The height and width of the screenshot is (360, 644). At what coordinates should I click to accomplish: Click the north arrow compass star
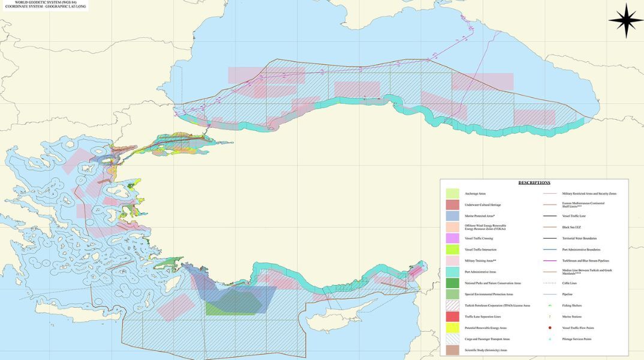(625, 20)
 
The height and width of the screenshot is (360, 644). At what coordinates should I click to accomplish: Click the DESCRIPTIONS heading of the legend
(534, 182)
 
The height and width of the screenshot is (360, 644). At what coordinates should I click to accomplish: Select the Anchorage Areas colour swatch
(453, 193)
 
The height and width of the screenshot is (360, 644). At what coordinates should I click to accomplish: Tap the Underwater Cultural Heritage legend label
(479, 205)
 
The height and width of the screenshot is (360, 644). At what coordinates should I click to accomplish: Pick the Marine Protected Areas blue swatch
(453, 216)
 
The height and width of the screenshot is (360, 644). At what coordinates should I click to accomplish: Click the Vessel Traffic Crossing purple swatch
(453, 238)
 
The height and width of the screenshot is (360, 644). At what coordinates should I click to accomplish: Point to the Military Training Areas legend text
(480, 261)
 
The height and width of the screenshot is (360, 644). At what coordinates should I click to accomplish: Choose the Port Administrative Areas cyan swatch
(453, 272)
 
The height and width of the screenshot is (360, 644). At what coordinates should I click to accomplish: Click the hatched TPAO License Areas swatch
(453, 305)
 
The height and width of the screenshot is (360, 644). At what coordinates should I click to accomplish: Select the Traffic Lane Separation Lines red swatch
(453, 316)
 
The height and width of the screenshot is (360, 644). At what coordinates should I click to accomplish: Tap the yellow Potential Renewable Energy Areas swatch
(453, 328)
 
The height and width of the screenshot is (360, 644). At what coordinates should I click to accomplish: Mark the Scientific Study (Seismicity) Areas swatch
(453, 350)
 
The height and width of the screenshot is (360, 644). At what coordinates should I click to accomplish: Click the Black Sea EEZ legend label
(574, 227)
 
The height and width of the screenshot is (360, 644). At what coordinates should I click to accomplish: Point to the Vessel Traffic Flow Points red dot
(550, 328)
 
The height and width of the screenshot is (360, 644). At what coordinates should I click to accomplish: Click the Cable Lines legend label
(570, 283)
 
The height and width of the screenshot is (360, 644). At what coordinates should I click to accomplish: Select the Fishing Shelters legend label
(573, 305)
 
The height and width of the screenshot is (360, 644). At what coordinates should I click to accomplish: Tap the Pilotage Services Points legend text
(576, 339)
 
